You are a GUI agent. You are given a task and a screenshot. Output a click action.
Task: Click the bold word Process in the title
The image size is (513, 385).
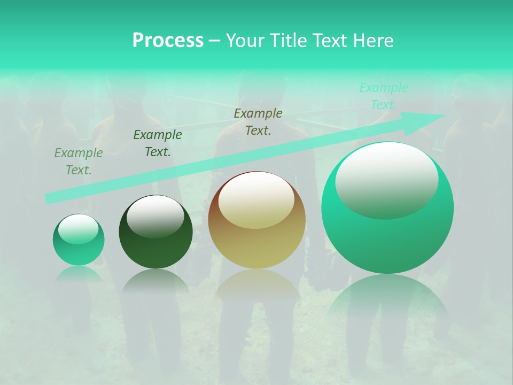point(168,40)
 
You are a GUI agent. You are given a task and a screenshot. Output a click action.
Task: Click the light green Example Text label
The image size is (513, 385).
point(79,161)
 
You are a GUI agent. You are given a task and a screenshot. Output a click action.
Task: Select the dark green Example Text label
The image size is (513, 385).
point(158,143)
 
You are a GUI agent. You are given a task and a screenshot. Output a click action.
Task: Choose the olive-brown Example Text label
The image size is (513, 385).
point(258,121)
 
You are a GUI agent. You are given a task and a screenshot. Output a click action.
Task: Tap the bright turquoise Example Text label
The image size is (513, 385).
point(384,96)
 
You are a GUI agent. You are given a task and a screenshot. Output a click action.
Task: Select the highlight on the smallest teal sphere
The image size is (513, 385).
point(78,229)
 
